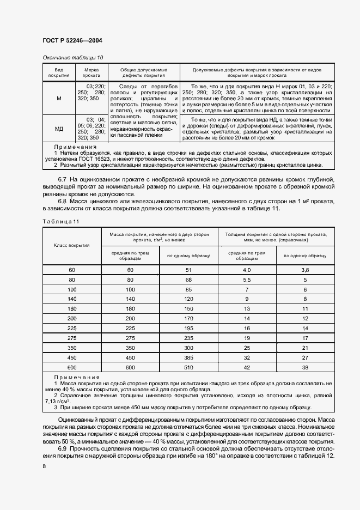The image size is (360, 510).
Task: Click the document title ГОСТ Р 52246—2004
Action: [x=72, y=41]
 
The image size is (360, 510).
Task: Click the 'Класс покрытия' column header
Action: [x=72, y=245]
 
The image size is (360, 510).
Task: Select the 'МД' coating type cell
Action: [x=59, y=129]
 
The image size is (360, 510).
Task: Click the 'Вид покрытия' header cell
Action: [x=59, y=73]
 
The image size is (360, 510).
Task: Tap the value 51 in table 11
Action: [x=188, y=270]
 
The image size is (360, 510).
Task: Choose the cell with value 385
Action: [x=188, y=358]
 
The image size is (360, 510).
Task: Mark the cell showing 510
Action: [x=188, y=368]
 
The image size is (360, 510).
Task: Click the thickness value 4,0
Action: [x=247, y=270]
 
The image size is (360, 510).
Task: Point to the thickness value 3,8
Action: [x=305, y=270]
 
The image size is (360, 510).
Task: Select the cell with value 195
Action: [x=188, y=329]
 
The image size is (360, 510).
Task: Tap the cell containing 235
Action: [x=188, y=338]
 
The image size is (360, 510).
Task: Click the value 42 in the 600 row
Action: [x=247, y=368]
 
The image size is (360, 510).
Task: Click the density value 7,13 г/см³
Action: [x=56, y=400]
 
